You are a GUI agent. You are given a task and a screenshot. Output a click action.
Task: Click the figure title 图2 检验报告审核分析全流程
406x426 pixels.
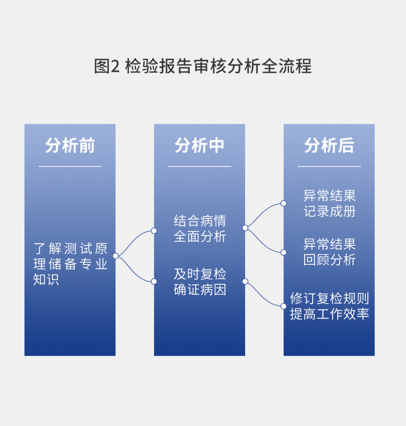coord(203,66)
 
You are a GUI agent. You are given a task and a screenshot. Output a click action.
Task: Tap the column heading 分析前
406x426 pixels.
coord(70,145)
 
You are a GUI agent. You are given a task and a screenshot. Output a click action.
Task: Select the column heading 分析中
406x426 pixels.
coord(200,145)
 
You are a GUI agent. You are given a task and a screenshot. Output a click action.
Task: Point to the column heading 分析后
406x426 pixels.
coord(329,145)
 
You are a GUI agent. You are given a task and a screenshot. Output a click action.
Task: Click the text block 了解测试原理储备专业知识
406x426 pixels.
coord(70,264)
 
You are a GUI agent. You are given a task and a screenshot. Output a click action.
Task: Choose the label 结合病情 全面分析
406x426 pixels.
coord(200,229)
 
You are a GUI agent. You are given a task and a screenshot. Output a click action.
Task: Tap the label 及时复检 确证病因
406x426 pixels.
coord(200,282)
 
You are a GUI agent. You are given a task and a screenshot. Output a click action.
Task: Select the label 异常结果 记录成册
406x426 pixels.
coord(330,203)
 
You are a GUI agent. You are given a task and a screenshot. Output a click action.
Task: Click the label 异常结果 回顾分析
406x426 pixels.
coord(330,252)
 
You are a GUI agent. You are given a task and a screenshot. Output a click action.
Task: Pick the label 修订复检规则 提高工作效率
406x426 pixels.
coord(330,306)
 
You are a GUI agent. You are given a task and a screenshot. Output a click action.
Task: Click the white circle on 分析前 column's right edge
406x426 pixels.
coord(116,256)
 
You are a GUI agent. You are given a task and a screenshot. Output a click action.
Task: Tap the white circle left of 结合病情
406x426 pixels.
coord(154,231)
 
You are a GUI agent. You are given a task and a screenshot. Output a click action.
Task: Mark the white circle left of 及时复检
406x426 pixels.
coord(154,281)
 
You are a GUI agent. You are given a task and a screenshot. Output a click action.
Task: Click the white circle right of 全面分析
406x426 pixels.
coord(245,228)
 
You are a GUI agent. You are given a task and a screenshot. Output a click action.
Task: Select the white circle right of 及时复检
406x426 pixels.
coord(245,281)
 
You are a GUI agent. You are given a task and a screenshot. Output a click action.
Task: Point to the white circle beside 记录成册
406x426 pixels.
coord(283,203)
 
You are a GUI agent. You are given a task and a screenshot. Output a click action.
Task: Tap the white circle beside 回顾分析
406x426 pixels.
coord(283,252)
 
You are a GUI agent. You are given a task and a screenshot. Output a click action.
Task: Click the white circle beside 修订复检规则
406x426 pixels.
coord(283,306)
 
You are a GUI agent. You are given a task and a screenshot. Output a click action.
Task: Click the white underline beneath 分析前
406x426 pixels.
coord(70,166)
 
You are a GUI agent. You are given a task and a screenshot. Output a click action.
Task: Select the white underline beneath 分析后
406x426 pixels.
coord(329,166)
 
